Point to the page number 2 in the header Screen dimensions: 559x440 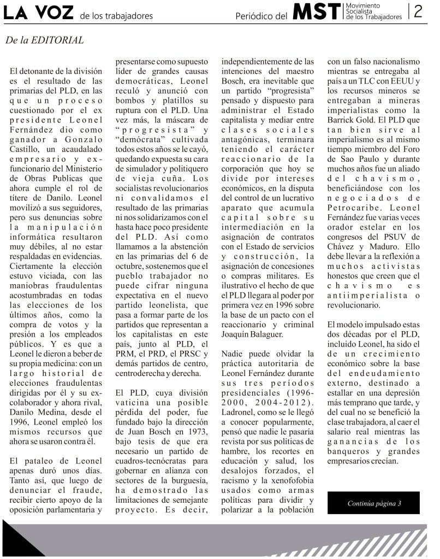(419, 11)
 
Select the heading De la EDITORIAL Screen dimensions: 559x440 (45, 40)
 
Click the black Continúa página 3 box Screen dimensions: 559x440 (374, 503)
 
